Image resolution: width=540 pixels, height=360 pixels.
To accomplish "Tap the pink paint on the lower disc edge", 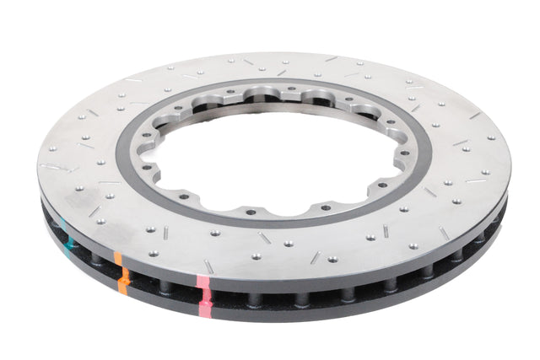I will click(x=204, y=307).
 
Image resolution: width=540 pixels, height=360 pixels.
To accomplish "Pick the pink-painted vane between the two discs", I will click(x=203, y=295).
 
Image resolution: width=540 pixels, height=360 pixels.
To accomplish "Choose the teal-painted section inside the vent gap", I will click(x=67, y=236).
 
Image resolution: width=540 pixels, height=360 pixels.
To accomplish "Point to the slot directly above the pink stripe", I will click(x=208, y=266).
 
